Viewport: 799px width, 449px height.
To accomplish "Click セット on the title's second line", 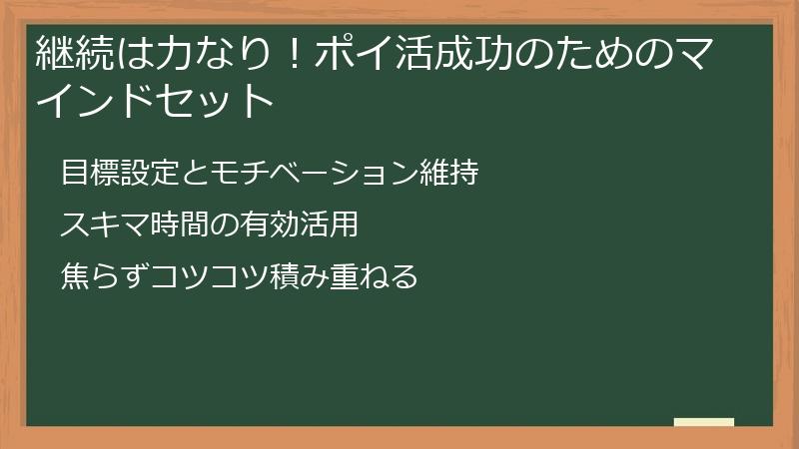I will coord(229,101).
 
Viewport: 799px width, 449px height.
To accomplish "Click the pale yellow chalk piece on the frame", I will coord(704,422).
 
